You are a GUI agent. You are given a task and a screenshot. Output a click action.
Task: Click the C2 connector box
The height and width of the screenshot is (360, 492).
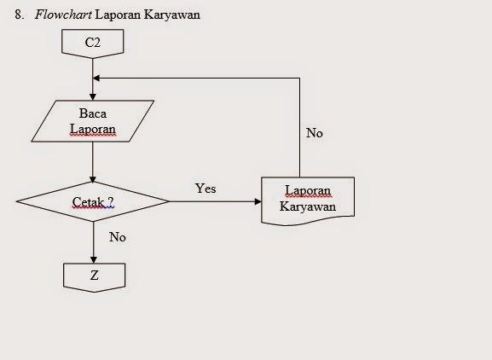pyautogui.click(x=93, y=43)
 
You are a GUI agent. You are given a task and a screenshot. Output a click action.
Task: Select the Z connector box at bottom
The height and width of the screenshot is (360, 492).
pyautogui.click(x=93, y=276)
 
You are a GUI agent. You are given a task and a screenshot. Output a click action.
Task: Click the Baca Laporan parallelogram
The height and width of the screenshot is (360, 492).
pyautogui.click(x=92, y=121)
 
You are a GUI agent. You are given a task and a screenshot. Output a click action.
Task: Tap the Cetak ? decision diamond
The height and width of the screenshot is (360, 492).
pyautogui.click(x=93, y=202)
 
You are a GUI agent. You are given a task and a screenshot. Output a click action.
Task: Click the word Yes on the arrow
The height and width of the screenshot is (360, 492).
pyautogui.click(x=205, y=189)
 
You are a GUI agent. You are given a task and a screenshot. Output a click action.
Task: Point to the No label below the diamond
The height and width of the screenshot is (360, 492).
pyautogui.click(x=117, y=237)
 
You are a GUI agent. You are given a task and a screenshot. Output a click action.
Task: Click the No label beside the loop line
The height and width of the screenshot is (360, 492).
pyautogui.click(x=314, y=134)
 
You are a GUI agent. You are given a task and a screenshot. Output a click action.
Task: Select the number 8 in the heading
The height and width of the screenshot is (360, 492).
pyautogui.click(x=18, y=15)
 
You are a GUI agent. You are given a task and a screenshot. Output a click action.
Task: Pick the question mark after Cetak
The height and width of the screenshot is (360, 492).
pyautogui.click(x=110, y=202)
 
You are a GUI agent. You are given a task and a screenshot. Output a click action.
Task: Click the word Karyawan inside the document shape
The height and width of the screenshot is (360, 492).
pyautogui.click(x=308, y=207)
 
